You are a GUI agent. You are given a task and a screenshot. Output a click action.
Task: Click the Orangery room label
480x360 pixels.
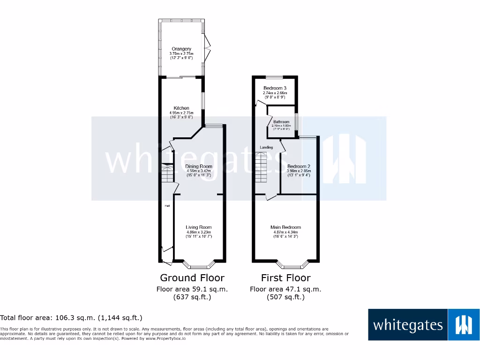point(181,49)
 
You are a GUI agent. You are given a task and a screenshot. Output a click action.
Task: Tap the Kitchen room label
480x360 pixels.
point(181,108)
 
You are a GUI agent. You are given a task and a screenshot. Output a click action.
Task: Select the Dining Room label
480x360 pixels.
point(199,166)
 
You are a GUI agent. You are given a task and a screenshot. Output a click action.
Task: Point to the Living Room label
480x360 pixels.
point(199,227)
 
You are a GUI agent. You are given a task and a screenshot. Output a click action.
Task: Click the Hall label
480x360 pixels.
point(166,206)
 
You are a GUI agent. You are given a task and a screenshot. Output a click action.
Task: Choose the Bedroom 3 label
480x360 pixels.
point(275,88)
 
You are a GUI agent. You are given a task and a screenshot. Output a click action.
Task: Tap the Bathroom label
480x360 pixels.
point(281,122)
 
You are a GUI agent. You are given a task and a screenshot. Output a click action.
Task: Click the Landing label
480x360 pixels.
point(266,147)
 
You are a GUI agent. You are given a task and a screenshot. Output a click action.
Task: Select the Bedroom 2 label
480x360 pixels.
point(299,166)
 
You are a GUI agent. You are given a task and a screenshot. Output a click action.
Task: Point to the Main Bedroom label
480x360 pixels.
point(286,227)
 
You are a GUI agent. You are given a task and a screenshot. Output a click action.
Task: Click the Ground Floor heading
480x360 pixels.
point(192,278)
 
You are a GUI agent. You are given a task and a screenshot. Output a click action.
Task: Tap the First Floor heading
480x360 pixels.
point(285,278)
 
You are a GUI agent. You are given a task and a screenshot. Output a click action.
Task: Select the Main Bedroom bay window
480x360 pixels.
point(287,265)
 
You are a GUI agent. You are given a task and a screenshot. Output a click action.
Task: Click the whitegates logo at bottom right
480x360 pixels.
point(424,324)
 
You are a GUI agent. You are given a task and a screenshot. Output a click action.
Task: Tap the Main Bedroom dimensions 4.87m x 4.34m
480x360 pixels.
point(286,232)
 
